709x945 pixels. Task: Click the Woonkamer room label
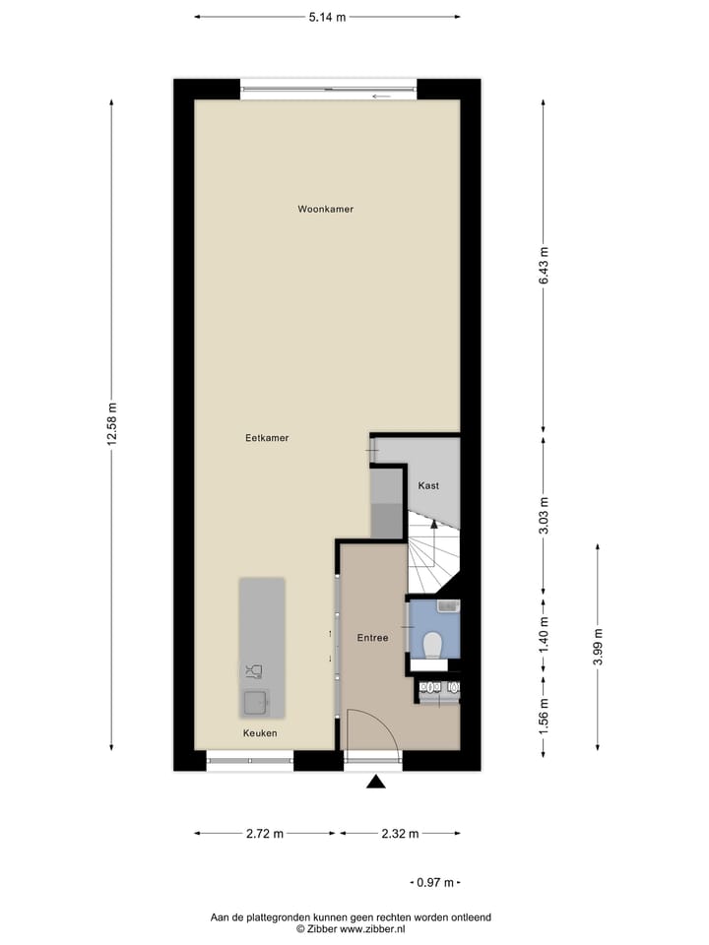coord(326,209)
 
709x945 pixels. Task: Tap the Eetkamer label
coord(267,438)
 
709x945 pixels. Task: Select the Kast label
coord(428,485)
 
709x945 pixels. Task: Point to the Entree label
coord(372,638)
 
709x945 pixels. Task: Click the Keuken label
coord(261,733)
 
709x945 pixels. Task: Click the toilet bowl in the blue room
coord(431,645)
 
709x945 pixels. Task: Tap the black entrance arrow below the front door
coord(375,783)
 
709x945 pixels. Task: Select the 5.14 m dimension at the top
coord(327,17)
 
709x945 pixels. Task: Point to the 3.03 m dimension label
coord(544,515)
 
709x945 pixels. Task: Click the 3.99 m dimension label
coord(598,649)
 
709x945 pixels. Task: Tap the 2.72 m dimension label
coord(265,834)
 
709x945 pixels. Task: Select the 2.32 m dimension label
coord(400,834)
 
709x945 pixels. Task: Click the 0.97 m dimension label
coord(434,882)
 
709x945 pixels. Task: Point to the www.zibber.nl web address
coord(371,928)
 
